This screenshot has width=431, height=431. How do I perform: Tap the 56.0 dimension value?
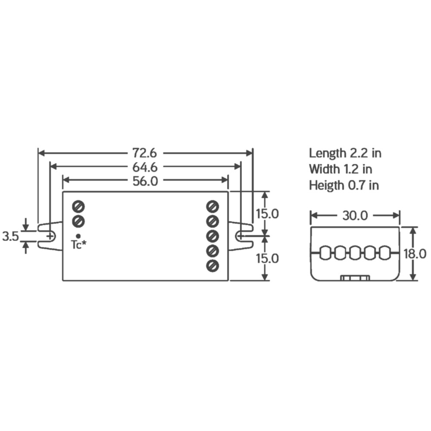tap(145, 181)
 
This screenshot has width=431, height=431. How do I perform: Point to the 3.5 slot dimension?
tap(10, 236)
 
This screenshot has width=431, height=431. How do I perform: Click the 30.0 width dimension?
tap(355, 215)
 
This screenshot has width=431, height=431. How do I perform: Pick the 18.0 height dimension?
tap(415, 253)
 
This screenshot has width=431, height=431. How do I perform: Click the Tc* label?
tap(78, 245)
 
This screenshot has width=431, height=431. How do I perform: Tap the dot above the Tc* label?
tap(78, 236)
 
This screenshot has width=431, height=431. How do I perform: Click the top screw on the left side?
tap(78, 206)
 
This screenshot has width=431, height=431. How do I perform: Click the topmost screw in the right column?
tap(212, 206)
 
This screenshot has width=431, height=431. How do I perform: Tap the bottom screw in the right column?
tap(212, 265)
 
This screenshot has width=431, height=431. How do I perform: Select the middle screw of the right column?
tap(212, 236)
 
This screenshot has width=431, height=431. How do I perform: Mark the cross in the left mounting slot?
tap(50, 236)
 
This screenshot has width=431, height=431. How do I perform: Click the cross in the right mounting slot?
tap(240, 236)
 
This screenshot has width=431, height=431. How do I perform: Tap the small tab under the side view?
tap(355, 278)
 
